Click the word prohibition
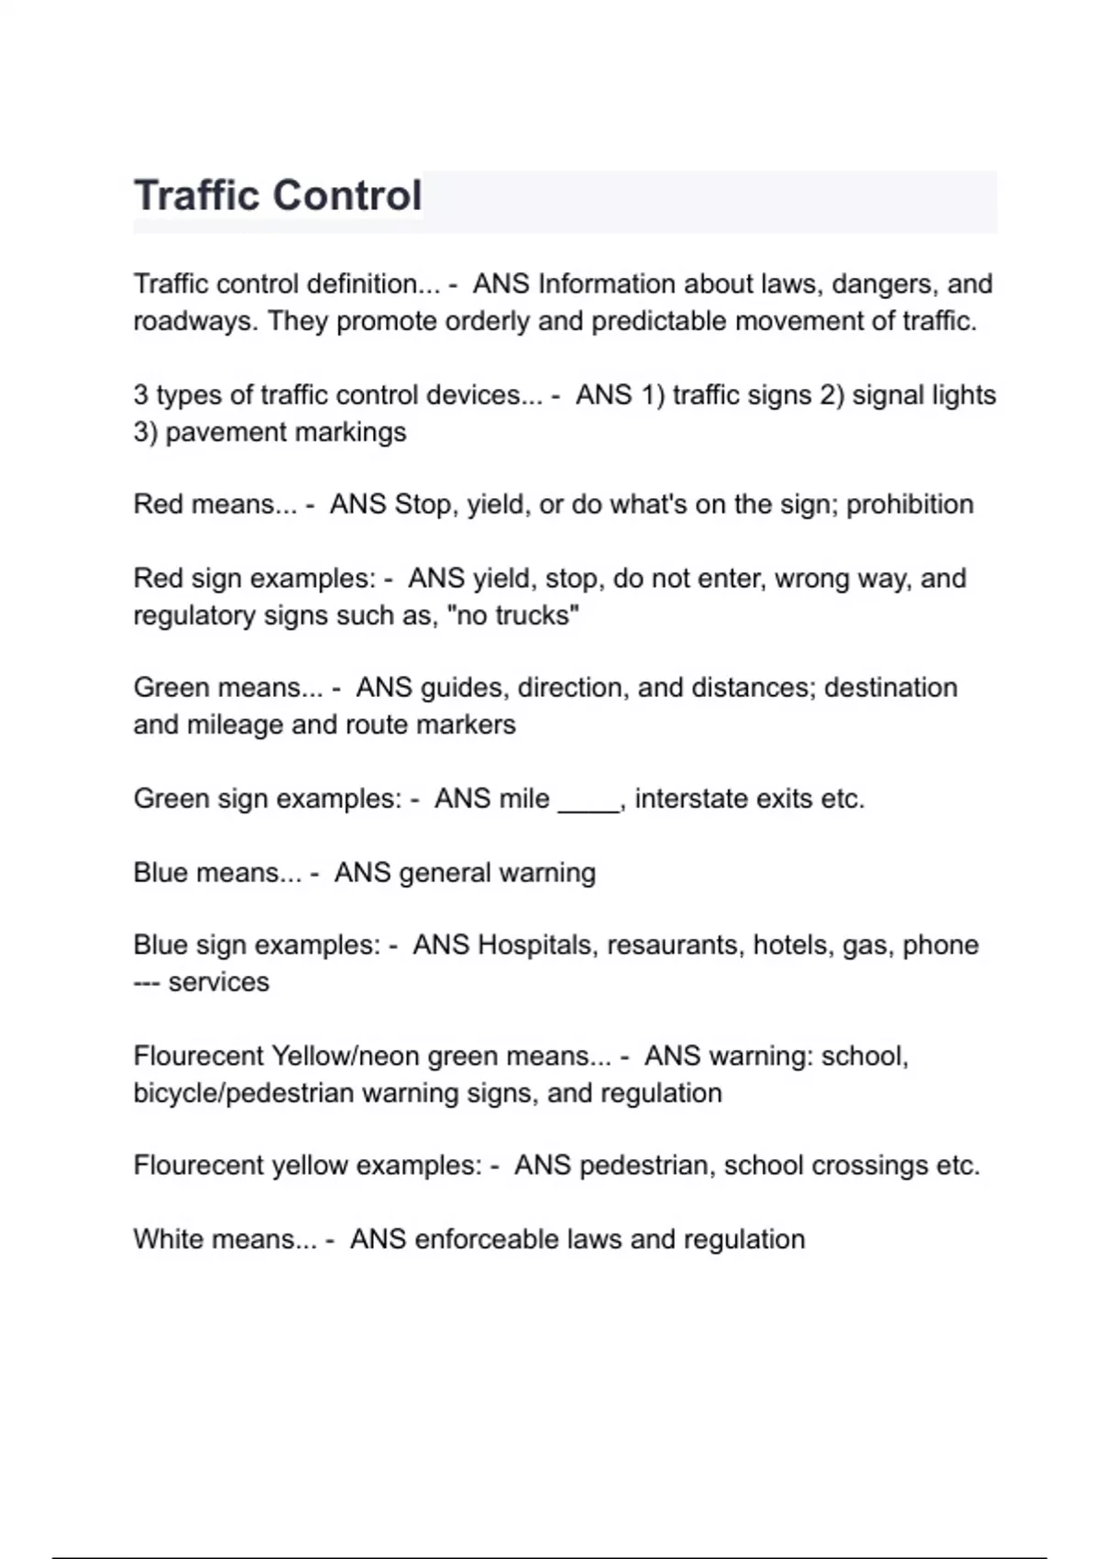pyautogui.click(x=909, y=504)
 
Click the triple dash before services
pyautogui.click(x=147, y=982)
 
